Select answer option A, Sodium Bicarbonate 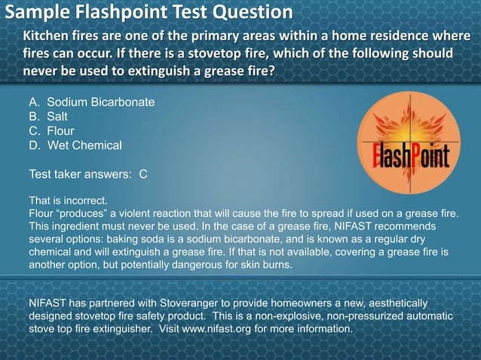click(91, 102)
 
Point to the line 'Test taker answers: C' click(87, 174)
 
